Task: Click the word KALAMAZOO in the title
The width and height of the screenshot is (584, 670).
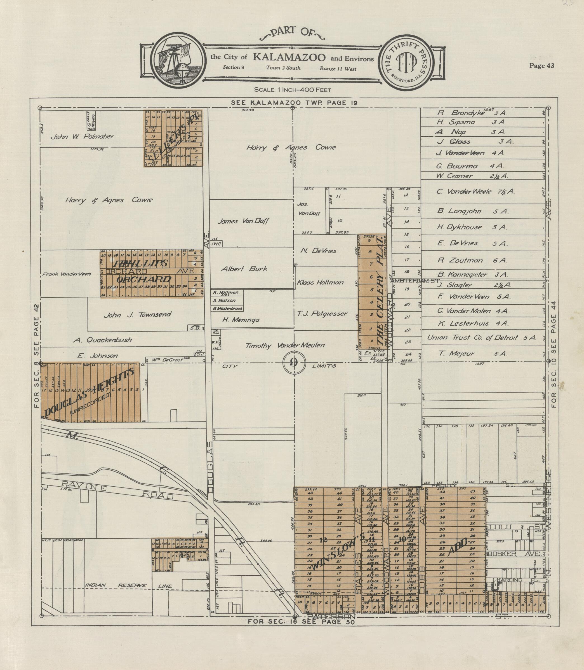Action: tap(289, 57)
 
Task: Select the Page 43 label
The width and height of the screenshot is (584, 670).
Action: tap(542, 66)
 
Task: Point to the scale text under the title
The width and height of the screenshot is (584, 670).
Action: tap(292, 90)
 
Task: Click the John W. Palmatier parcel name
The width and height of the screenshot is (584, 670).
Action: tap(82, 136)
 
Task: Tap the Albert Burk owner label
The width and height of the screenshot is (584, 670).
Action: tap(244, 269)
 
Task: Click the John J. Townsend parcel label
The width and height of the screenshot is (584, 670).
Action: tap(137, 315)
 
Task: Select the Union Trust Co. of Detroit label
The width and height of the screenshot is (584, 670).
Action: tap(482, 338)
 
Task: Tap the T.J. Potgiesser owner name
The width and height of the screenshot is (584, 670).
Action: tap(322, 314)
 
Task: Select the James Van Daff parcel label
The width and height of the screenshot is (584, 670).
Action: tap(243, 221)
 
